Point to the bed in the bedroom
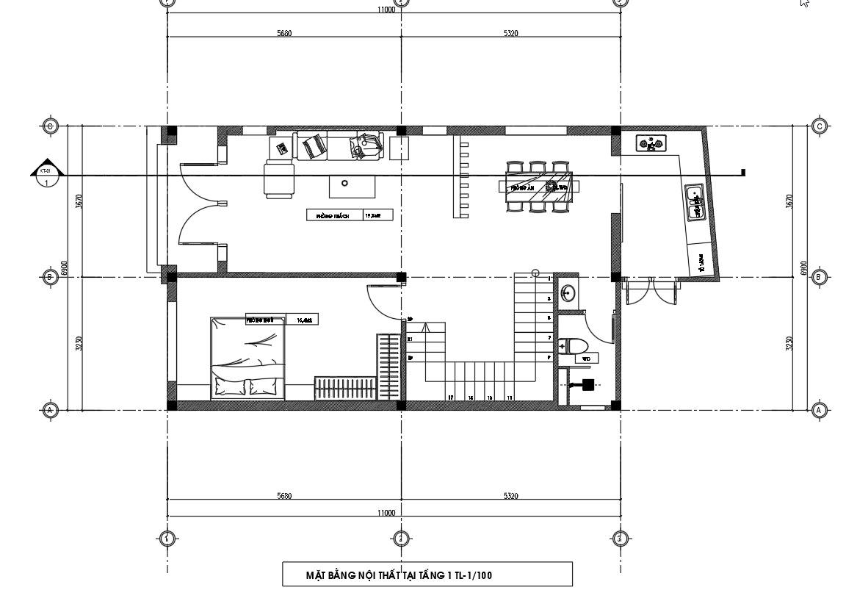point(247,359)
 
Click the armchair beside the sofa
point(278,180)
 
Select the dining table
point(538,187)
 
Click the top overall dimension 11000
point(386,10)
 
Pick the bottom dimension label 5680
point(284,496)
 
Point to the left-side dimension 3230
point(78,343)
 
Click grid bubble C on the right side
point(820,126)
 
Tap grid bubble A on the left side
point(50,410)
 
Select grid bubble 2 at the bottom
point(400,539)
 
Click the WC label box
point(586,359)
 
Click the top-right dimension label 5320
point(511,34)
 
